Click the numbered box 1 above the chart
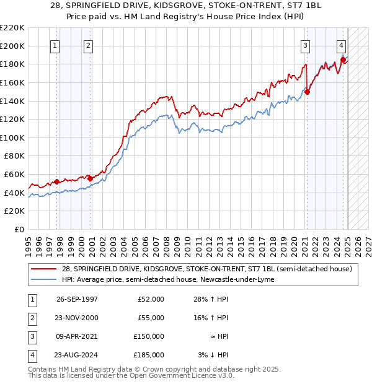pos(55,45)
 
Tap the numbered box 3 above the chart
pos(306,45)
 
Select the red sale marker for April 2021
pos(307,92)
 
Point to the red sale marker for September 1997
pos(56,181)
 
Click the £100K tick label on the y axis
pos(12,137)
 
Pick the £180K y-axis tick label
pos(12,64)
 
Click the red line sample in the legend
pos(43,269)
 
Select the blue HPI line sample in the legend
pos(43,279)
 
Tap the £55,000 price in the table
pos(151,318)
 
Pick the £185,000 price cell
pos(149,355)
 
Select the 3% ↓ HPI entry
pos(213,355)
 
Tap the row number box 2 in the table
pos(31,318)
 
